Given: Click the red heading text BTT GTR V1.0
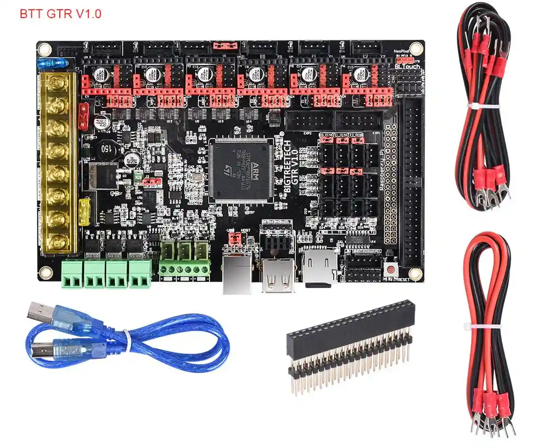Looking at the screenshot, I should click(60, 14).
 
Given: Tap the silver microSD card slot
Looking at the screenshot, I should click(318, 265).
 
